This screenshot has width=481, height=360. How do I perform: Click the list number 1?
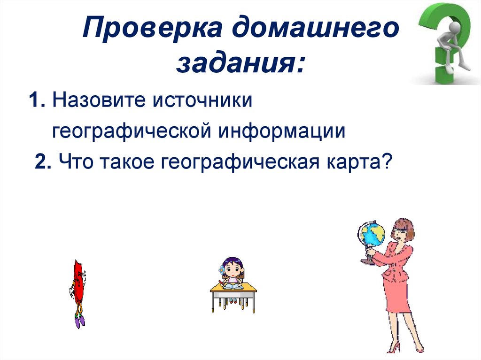36,102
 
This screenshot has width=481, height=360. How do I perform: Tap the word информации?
281,132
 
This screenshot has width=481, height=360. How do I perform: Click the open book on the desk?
232,285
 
